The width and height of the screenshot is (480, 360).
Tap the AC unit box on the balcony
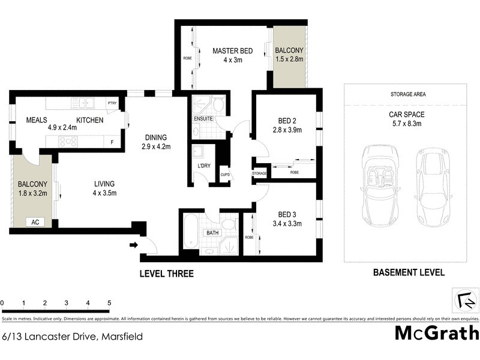pos(35,221)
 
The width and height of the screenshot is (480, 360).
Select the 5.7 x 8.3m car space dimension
pos(408,124)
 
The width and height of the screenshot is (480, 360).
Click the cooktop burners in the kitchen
pos(67,142)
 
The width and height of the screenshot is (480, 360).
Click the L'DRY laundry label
pos(203,165)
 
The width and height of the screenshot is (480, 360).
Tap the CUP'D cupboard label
pos(224,175)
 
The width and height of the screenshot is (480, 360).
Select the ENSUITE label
pos(203,118)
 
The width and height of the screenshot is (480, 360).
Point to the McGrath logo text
pos(436,333)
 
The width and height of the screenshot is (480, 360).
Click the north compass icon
pos(465,299)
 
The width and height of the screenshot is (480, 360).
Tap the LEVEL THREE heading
pos(166,274)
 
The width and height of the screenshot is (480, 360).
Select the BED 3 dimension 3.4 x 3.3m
pos(286,224)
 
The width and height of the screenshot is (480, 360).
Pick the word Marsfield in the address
pos(122,337)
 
